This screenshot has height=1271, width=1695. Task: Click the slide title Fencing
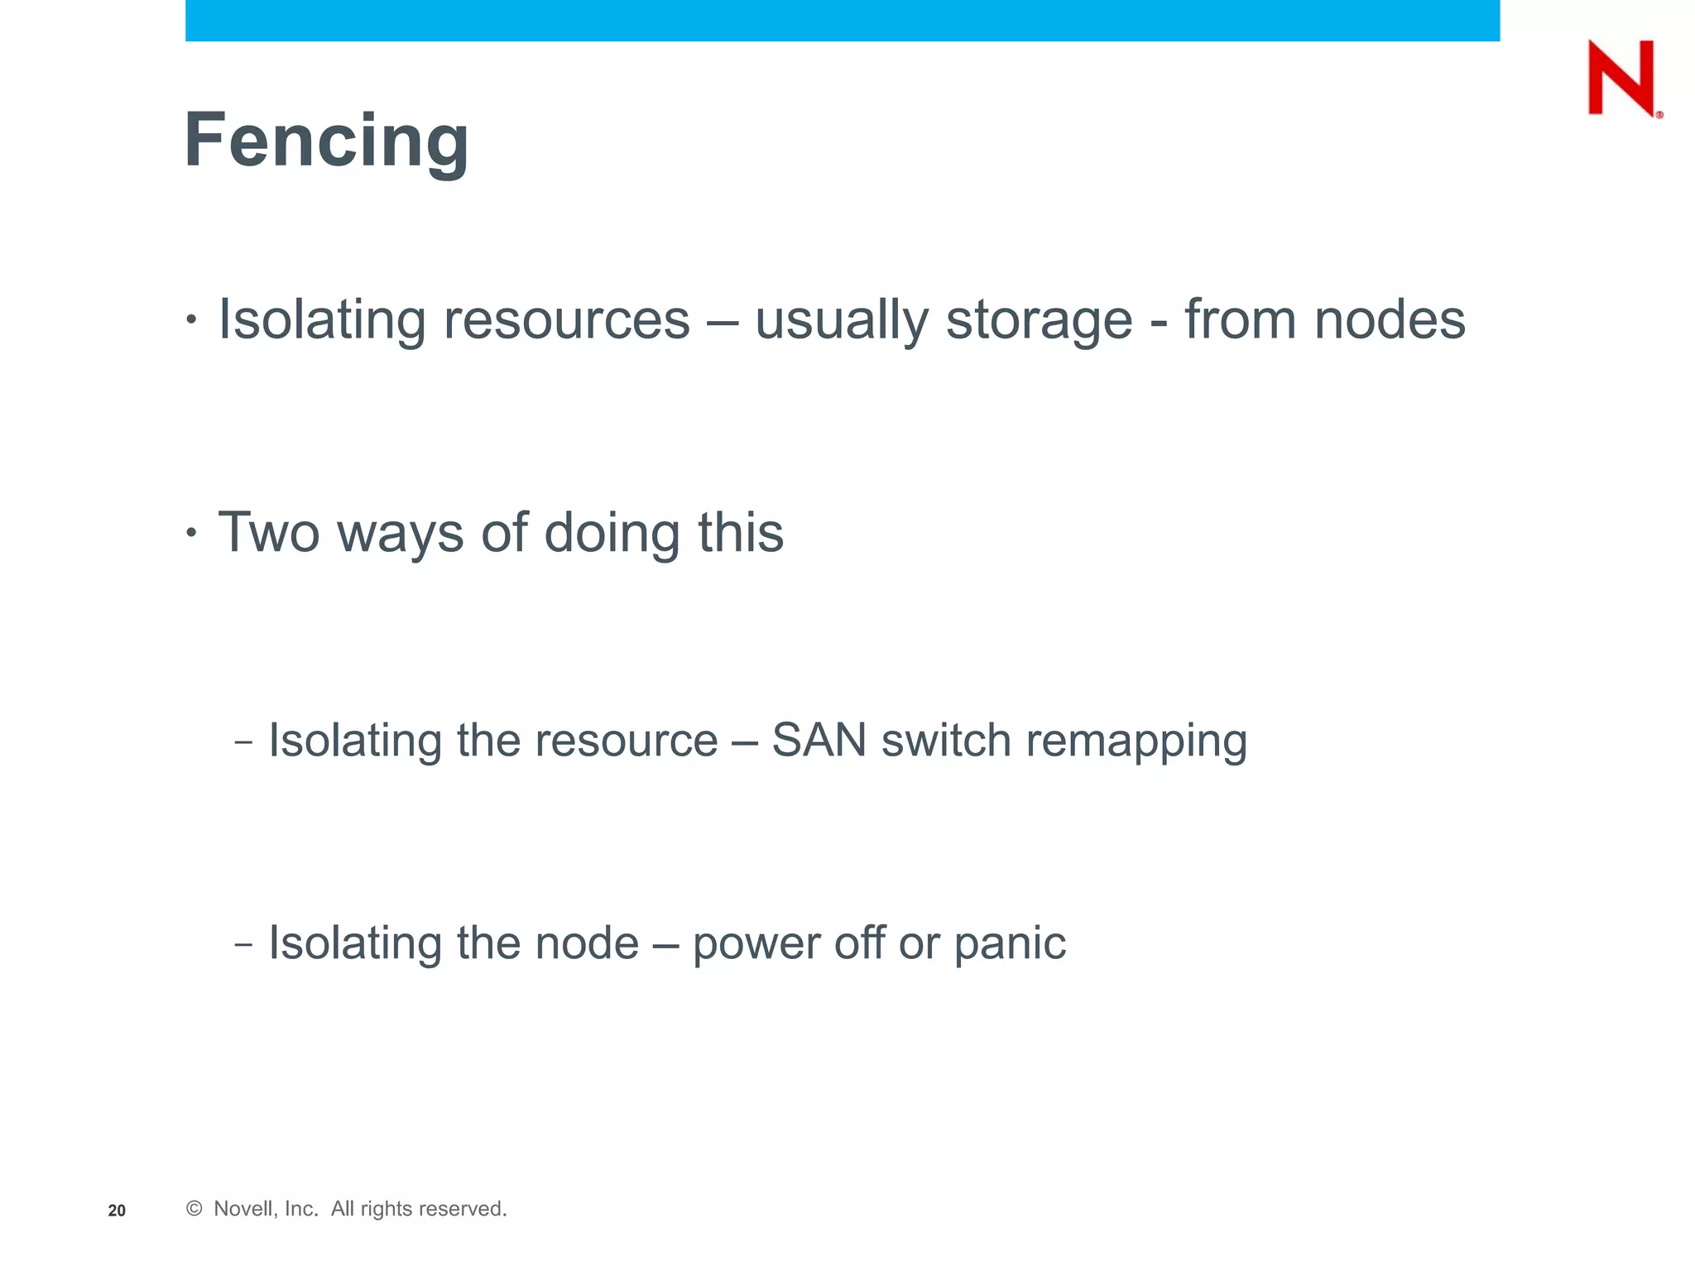click(x=326, y=141)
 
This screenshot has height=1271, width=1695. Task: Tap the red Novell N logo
click(x=1621, y=78)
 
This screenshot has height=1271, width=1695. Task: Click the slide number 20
click(x=117, y=1211)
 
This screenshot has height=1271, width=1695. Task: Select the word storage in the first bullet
click(x=1039, y=320)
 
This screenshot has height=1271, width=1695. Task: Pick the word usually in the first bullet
click(x=843, y=320)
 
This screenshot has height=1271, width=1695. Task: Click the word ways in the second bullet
click(x=400, y=534)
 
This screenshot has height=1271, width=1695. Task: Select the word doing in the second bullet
click(x=612, y=534)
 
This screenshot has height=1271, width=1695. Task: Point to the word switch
click(x=946, y=740)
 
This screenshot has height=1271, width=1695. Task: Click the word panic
click(x=1010, y=944)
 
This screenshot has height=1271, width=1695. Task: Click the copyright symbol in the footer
click(x=194, y=1209)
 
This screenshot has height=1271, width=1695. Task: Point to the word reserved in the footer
click(x=465, y=1209)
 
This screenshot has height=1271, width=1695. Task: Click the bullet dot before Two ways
click(x=192, y=533)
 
